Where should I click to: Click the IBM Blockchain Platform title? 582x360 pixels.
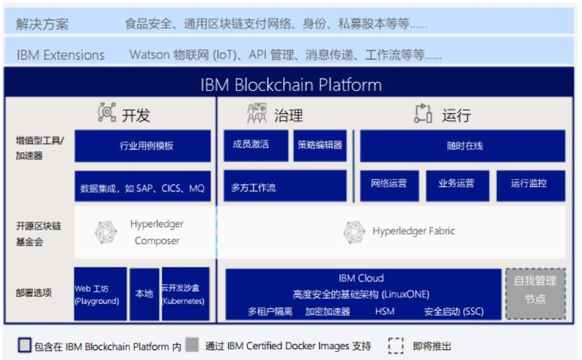(x=290, y=85)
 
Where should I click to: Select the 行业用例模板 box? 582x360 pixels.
(x=143, y=145)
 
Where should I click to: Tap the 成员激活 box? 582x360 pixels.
(x=251, y=145)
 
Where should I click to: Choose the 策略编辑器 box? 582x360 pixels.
(x=320, y=145)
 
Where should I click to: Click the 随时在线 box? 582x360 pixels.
(x=464, y=145)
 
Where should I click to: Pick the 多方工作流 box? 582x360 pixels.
(x=286, y=187)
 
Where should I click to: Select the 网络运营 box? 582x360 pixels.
(x=389, y=184)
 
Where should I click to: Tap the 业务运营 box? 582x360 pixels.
(x=457, y=184)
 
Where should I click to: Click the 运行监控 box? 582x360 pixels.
(x=529, y=184)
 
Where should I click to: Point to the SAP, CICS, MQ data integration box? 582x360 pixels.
(x=143, y=189)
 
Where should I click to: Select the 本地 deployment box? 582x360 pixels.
(x=144, y=294)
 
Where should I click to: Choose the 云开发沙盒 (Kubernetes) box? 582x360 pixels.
(x=185, y=294)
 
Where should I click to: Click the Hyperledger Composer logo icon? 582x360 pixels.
(x=107, y=232)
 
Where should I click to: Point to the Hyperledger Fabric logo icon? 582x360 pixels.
(x=354, y=232)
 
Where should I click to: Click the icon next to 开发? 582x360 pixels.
(x=107, y=113)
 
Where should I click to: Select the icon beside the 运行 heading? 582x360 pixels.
(x=423, y=113)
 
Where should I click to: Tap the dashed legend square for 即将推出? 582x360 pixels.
(x=395, y=346)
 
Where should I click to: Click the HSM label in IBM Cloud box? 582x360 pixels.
(x=384, y=312)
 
